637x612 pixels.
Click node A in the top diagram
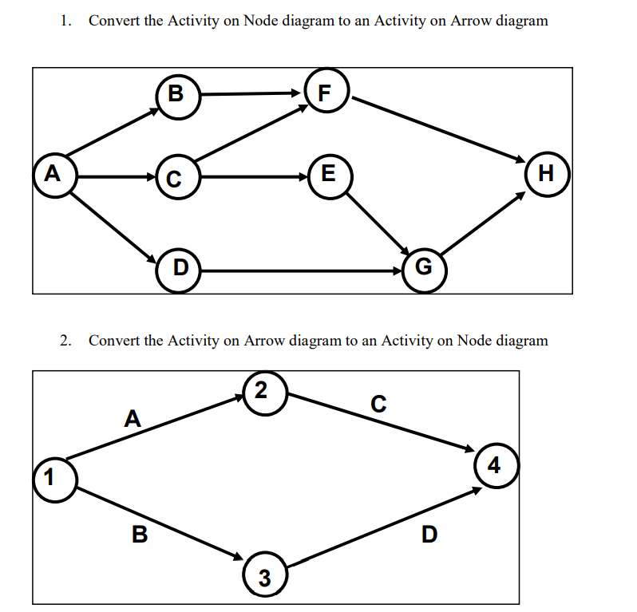coord(53,172)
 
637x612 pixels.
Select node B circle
coord(177,95)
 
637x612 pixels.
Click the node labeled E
coord(326,172)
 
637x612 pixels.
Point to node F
coord(324,93)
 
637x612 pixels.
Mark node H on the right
coord(546,172)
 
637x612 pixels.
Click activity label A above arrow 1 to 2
coord(133,417)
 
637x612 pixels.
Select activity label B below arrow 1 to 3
coord(138,534)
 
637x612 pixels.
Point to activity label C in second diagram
coord(379,405)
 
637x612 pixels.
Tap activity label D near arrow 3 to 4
coord(429,534)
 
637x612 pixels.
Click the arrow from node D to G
coord(303,271)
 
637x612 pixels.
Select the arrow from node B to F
coord(251,94)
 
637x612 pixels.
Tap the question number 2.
coord(65,341)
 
